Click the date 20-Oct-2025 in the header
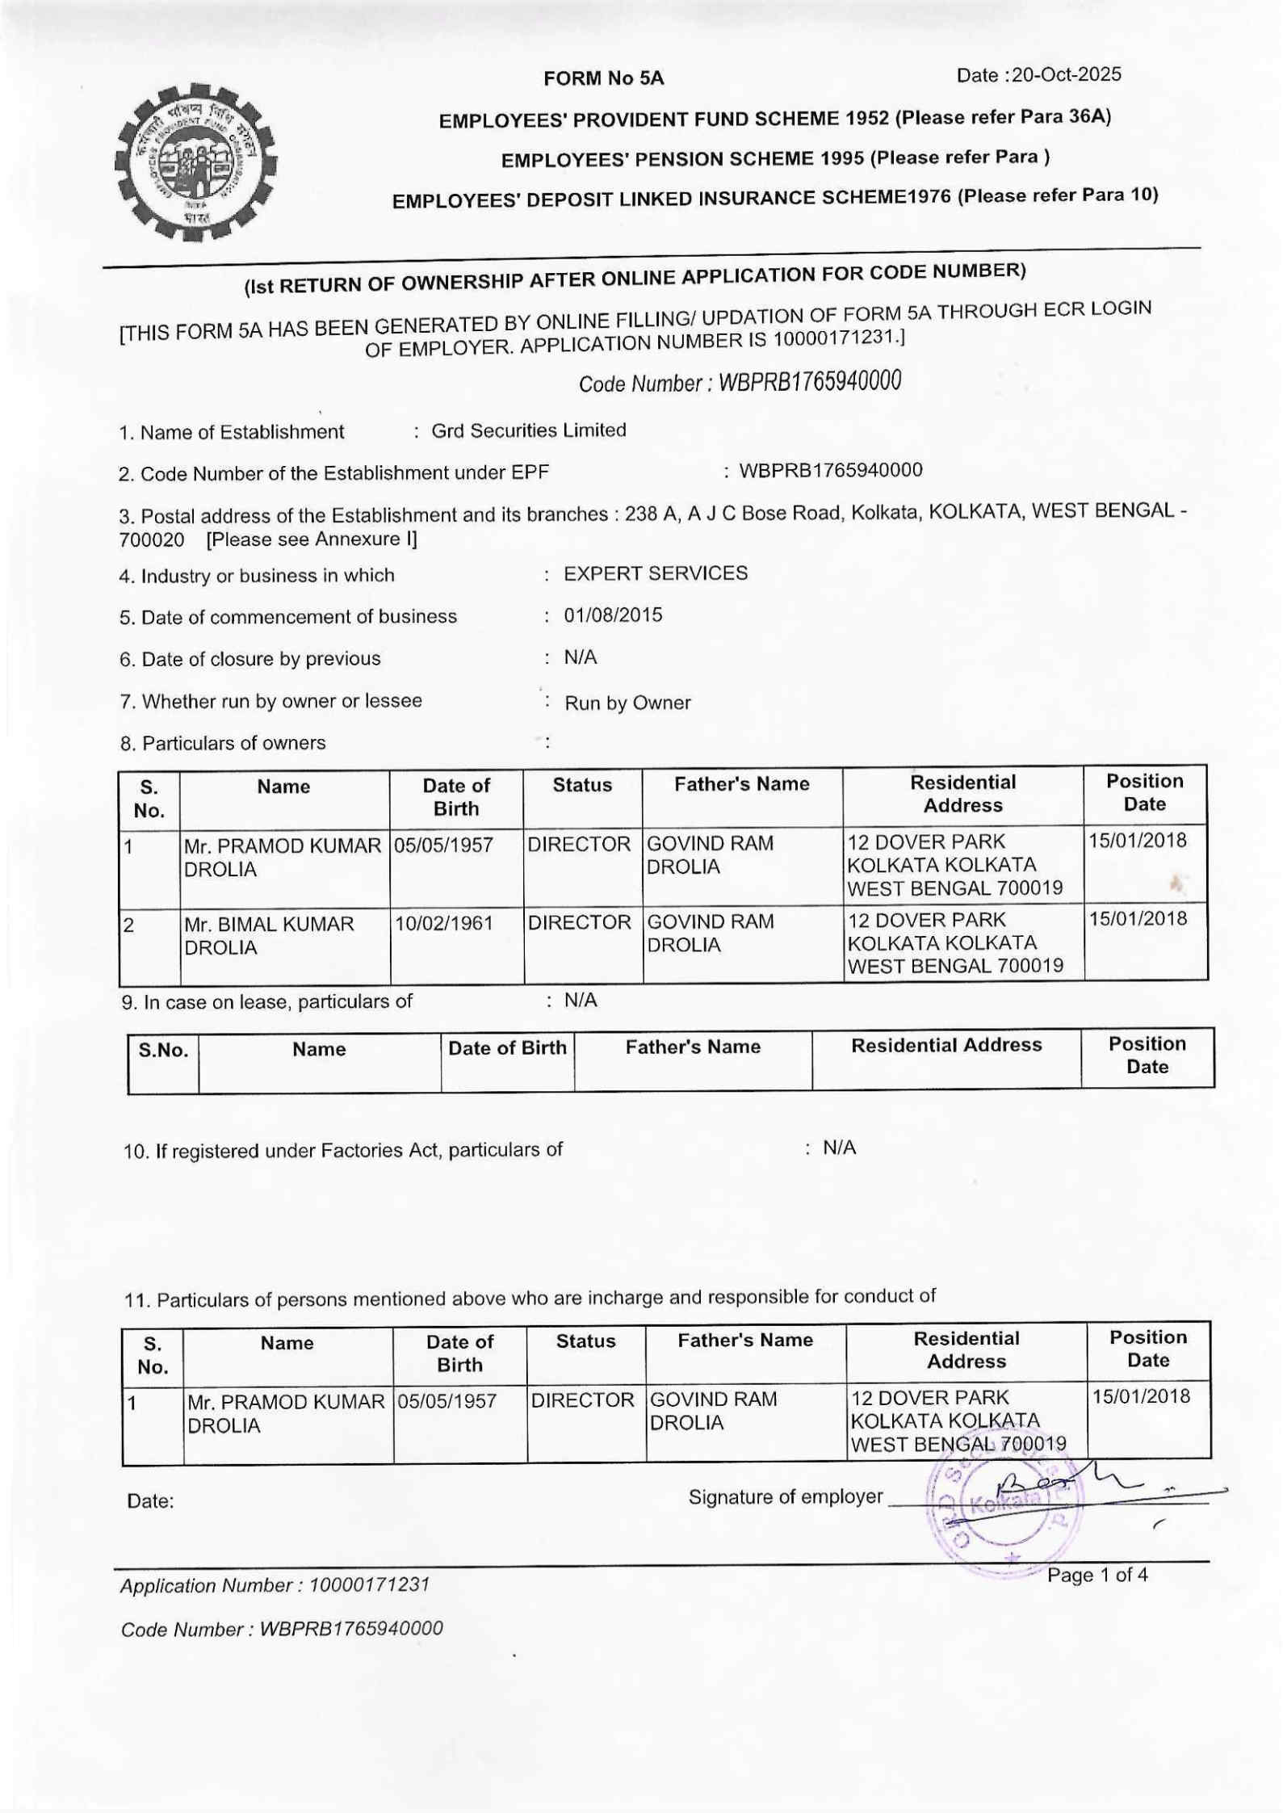(x=1066, y=75)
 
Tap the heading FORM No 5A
(x=603, y=78)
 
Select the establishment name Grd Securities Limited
(x=528, y=430)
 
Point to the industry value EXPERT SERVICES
(x=655, y=573)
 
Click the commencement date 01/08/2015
(x=613, y=615)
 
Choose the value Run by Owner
(x=627, y=703)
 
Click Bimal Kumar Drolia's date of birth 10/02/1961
(x=443, y=922)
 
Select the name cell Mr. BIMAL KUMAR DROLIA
(x=269, y=935)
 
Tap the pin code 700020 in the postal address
(x=151, y=539)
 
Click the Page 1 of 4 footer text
(x=1096, y=1575)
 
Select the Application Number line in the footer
(x=275, y=1584)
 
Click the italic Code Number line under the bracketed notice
(x=739, y=381)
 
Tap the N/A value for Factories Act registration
(x=839, y=1148)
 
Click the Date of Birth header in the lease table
(x=507, y=1048)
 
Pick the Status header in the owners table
(x=582, y=785)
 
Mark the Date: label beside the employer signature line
(x=151, y=1501)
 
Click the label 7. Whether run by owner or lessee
(x=270, y=701)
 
